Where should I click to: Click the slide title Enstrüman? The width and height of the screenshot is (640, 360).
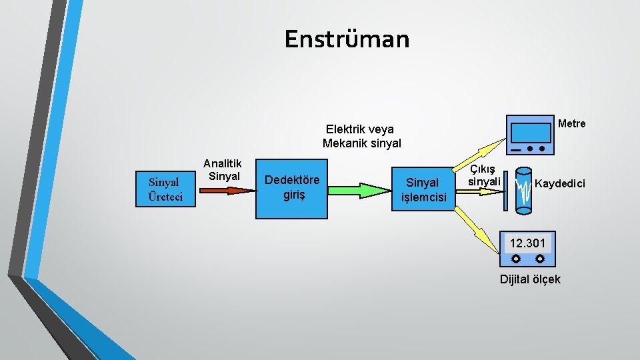(347, 39)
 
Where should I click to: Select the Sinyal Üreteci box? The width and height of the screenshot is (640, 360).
(165, 189)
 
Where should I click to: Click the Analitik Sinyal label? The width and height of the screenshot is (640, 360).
(223, 169)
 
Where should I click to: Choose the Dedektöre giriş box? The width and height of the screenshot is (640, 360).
(291, 189)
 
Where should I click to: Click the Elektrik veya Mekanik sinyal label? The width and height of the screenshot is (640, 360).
(361, 136)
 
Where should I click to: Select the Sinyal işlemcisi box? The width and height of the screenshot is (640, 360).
(422, 190)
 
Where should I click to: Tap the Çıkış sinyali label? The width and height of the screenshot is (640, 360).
(484, 176)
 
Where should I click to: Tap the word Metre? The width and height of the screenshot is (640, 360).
(571, 123)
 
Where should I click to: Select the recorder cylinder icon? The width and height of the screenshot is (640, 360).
(524, 191)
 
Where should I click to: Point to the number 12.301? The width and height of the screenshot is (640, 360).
(527, 243)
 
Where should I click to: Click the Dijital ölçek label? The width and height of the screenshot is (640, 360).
(530, 279)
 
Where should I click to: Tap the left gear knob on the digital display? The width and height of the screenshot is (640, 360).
(515, 258)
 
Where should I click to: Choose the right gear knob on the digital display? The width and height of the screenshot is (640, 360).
(539, 258)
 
